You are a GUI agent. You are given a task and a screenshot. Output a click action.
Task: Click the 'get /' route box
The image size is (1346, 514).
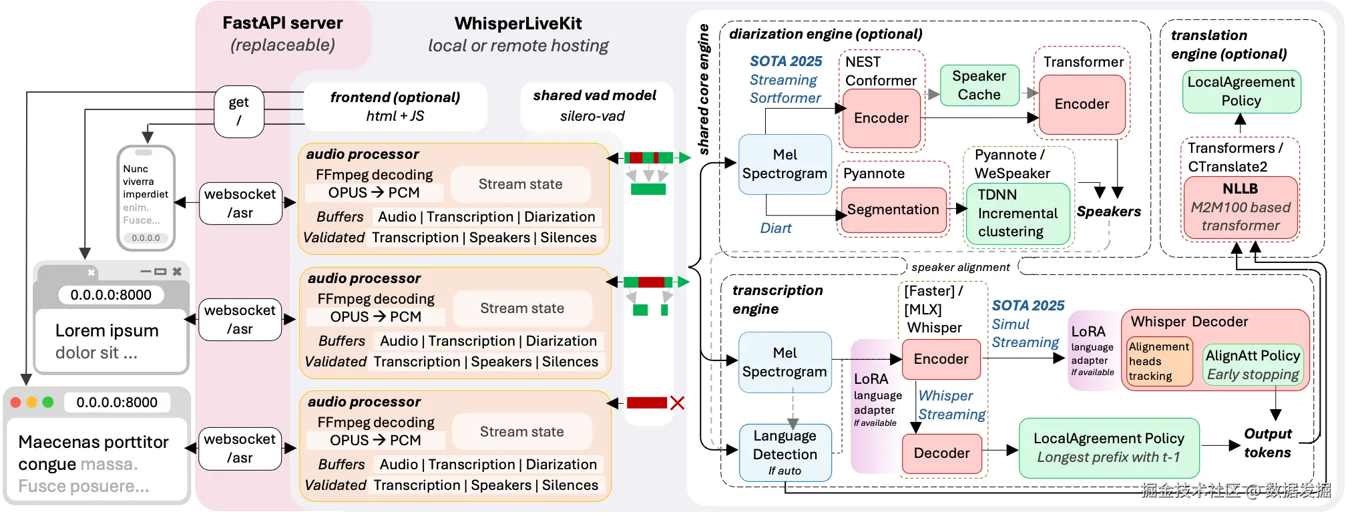tap(239, 111)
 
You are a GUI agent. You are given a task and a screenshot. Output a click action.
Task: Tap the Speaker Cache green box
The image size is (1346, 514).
tap(979, 85)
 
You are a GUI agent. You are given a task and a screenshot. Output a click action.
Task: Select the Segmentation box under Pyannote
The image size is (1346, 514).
tap(893, 210)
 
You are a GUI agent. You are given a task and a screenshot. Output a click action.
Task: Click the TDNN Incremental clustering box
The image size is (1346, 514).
tap(1018, 214)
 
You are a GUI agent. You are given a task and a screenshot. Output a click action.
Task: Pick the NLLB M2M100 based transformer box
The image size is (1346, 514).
tap(1241, 207)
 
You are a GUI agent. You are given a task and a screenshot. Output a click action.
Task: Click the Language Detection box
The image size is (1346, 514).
tap(785, 452)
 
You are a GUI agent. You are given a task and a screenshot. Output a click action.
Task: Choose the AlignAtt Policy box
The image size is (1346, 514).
tap(1253, 364)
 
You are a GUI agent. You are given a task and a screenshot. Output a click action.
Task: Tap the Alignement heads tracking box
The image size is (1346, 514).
tap(1158, 361)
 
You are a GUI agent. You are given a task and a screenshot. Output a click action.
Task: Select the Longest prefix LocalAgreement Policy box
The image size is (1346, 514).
tap(1108, 448)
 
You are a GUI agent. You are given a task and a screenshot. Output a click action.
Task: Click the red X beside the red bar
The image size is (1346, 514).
tap(677, 403)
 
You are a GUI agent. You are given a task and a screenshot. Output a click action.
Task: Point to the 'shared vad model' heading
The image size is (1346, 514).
tap(594, 95)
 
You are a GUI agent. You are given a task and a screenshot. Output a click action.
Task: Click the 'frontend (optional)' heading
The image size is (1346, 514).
tap(395, 97)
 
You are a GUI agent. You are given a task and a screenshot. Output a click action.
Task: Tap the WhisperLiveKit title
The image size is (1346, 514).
tap(518, 24)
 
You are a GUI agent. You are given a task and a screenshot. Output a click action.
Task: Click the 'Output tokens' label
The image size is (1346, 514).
tap(1267, 443)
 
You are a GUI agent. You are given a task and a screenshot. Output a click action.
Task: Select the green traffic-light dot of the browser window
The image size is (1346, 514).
tap(47, 402)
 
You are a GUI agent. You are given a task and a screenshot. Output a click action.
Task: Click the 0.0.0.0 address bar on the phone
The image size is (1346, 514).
tap(146, 238)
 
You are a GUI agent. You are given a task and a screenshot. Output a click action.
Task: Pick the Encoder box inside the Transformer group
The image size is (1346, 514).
tap(1082, 104)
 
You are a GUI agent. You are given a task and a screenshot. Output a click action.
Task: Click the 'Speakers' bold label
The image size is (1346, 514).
tap(1108, 212)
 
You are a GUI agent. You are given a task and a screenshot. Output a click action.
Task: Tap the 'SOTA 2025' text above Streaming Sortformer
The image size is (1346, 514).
tap(786, 61)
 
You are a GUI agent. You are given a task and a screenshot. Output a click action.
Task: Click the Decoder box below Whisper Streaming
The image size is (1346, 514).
tap(941, 453)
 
